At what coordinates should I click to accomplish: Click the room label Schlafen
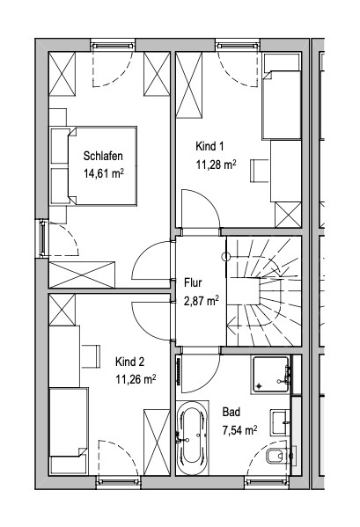103,156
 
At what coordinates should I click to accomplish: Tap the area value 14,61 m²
104,173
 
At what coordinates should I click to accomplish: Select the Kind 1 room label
209,146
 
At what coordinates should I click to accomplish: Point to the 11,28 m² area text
216,165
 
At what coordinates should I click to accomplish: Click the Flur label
193,283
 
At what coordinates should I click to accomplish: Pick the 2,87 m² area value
202,301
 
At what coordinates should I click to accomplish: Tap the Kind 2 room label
129,362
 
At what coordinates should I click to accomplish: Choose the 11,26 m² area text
136,380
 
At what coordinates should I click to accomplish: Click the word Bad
231,412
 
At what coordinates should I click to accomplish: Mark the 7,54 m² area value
240,430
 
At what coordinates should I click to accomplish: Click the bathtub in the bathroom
192,438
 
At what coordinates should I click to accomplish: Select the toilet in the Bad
278,456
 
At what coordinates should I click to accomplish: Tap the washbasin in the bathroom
280,422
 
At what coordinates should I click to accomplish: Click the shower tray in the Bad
271,375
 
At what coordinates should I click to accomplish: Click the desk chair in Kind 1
260,171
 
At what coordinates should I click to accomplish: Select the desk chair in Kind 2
91,356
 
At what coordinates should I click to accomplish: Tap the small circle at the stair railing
226,257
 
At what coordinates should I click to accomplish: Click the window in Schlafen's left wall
42,238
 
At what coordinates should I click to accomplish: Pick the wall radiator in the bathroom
179,371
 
